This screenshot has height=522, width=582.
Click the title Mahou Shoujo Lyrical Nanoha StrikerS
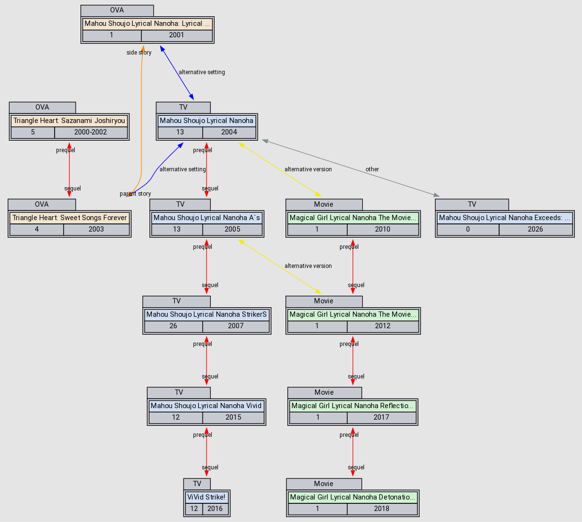206,314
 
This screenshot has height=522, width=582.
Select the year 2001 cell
176,35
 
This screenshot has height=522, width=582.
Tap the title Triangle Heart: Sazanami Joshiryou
69,121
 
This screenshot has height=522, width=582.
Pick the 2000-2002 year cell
91,132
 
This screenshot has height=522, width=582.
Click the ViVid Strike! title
206,497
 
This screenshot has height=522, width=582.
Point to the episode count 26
173,326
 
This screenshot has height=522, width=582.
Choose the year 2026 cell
535,229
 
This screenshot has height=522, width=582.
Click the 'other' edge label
372,169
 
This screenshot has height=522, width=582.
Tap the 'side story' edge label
139,53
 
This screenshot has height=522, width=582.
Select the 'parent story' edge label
136,194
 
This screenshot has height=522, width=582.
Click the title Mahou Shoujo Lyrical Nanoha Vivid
206,406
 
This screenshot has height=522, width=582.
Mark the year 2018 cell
382,509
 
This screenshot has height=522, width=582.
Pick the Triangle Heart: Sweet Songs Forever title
69,218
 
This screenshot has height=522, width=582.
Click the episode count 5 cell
33,132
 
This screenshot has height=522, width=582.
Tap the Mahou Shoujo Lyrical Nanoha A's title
206,218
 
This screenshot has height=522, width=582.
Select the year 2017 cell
381,417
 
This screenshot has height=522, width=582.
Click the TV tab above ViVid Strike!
197,484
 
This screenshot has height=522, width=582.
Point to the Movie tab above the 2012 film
324,301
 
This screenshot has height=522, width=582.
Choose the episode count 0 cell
468,229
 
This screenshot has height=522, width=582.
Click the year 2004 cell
229,132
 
